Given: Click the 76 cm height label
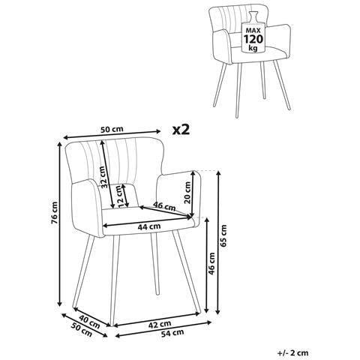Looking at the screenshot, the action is pos(55,213).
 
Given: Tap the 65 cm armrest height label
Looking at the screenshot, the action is pos(224,235).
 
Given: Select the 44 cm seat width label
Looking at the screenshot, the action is pos(149,226).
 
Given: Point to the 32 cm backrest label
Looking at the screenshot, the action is pos(104,177).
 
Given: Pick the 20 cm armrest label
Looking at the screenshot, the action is pos(187,193).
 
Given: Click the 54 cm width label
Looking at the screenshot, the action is pos(172,333).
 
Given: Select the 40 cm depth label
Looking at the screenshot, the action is pos(89,322).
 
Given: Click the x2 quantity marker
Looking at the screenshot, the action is pos(181,130).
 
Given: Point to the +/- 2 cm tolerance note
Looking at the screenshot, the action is pos(293,353).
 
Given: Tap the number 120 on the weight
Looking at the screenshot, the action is pos(253,39).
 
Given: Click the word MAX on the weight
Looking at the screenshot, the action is pos(253,31).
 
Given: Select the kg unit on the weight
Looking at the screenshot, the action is pos(253,48).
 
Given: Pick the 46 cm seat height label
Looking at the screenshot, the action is pos(212,263).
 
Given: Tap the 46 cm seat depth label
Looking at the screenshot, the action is pos(164,206).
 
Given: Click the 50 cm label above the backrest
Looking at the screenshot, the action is pos(112,129).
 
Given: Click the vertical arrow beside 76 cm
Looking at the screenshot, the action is pos(59,223).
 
